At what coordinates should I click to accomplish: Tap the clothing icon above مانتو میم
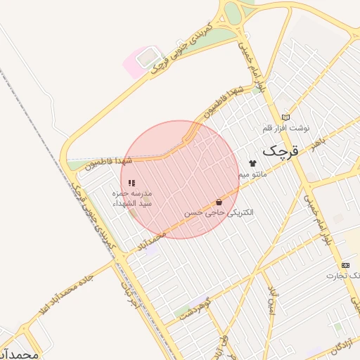point(252,163)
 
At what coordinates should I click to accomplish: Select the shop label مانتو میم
point(252,174)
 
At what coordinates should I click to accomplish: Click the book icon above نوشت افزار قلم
point(285,117)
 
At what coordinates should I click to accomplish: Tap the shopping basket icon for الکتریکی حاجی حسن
point(219,202)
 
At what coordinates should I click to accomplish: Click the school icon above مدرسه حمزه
point(131,183)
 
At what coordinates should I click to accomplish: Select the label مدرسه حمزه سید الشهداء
point(132,198)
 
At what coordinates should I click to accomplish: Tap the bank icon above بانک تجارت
point(345,265)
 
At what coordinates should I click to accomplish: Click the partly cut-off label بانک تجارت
point(343,276)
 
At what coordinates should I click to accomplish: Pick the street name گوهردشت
point(195,309)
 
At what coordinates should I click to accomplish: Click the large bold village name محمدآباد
point(19,354)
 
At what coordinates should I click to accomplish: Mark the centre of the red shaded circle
point(180,179)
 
